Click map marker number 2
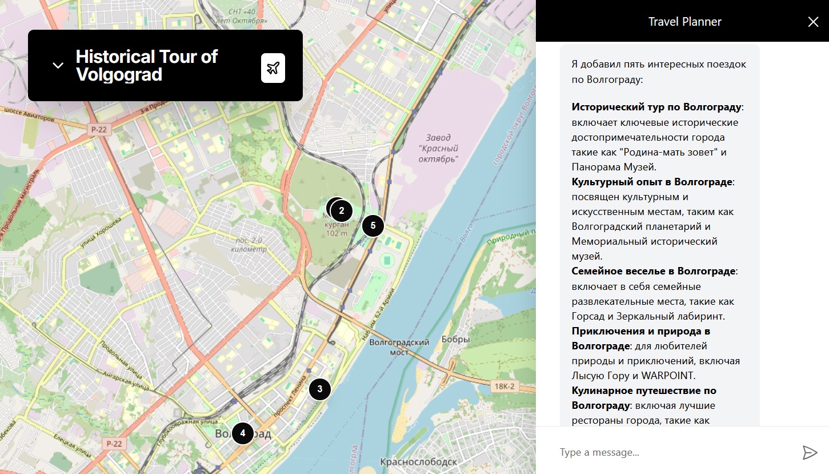coord(342,210)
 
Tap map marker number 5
coord(373,225)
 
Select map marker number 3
coord(320,389)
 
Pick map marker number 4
coord(243,433)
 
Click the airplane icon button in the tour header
coord(273,68)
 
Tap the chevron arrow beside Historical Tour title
coord(58,65)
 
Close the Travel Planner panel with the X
coord(813,22)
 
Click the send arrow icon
coord(810,452)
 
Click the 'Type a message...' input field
coord(674,452)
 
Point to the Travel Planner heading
coord(684,22)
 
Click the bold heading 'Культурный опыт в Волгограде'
coord(652,182)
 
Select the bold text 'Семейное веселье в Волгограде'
coord(654,271)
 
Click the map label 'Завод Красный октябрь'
coord(438,148)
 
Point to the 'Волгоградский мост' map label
coord(399,347)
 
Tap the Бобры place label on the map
coord(455,340)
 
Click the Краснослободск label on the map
coord(418,461)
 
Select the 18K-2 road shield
coord(505,387)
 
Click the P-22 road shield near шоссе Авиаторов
coord(98,130)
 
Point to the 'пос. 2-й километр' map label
coord(247,245)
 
